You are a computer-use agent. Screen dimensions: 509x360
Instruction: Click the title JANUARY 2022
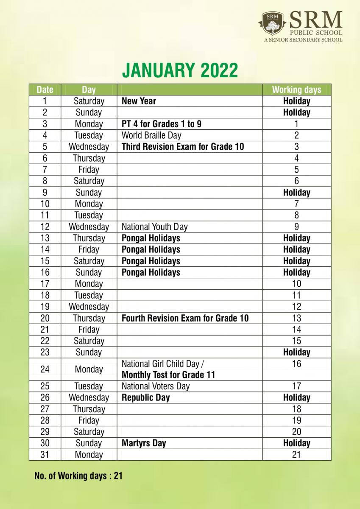tap(180, 70)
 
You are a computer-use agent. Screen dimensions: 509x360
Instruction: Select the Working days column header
tap(296, 89)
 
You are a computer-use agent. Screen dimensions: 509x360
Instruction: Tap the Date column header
tap(45, 89)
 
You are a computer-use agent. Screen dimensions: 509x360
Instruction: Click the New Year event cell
tap(139, 101)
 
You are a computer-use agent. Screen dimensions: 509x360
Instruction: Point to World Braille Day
tap(151, 135)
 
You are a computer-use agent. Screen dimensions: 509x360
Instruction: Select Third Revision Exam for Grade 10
tap(183, 147)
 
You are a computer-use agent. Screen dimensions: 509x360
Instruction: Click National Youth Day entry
tap(154, 227)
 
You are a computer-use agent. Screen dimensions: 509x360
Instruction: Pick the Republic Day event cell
tap(145, 397)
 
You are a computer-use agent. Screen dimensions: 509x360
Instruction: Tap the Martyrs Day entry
tap(144, 443)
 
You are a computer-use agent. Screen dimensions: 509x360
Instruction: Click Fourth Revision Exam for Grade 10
tap(185, 318)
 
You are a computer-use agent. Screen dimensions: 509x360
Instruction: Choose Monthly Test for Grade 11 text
tap(168, 375)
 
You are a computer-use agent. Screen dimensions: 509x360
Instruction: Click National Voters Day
tap(156, 386)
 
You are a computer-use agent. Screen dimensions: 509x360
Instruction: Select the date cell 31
tap(45, 455)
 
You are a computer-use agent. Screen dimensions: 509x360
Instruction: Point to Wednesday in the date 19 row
tap(89, 307)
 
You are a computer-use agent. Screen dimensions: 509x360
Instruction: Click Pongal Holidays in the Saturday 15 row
tap(151, 261)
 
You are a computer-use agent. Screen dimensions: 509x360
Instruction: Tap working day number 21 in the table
tap(296, 455)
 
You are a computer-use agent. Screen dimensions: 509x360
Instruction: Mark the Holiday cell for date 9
tap(296, 193)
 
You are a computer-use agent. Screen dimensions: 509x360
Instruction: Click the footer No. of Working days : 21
tap(78, 476)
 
